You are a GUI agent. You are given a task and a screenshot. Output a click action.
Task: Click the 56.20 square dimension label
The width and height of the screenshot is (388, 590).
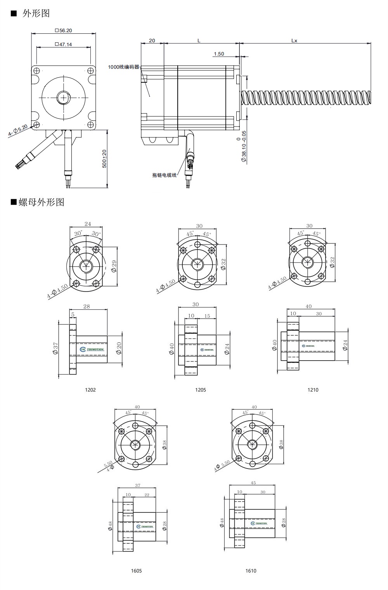64,30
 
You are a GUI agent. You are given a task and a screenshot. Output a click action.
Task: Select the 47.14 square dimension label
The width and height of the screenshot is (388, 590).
64,45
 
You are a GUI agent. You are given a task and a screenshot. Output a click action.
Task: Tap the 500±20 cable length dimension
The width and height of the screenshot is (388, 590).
104,159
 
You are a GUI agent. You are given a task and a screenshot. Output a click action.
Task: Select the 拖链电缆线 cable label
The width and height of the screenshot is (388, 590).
164,175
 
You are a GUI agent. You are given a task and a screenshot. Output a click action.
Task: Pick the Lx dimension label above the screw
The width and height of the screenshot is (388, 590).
294,40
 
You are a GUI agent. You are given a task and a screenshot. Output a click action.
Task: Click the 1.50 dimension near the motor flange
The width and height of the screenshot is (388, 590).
219,54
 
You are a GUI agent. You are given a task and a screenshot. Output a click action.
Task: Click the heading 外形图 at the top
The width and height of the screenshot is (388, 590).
36,13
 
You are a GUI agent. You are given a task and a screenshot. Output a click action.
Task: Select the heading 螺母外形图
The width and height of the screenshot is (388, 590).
41,202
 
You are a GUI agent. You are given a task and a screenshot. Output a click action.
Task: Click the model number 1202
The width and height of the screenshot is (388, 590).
90,390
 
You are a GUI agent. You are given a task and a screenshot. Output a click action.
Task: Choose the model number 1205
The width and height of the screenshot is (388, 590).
201,390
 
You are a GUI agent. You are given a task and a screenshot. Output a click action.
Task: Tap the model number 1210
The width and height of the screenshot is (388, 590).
313,390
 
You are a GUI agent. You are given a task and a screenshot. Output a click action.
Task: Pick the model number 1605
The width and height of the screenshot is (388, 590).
136,571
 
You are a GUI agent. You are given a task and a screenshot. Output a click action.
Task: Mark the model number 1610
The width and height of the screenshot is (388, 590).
251,571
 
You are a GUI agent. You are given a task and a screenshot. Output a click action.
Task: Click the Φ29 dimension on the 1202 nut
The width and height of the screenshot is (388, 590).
114,266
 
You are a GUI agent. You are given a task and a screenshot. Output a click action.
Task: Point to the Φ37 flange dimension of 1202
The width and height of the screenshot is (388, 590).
55,348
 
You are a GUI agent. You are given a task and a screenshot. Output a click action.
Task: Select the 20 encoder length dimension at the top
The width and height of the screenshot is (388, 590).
152,40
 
